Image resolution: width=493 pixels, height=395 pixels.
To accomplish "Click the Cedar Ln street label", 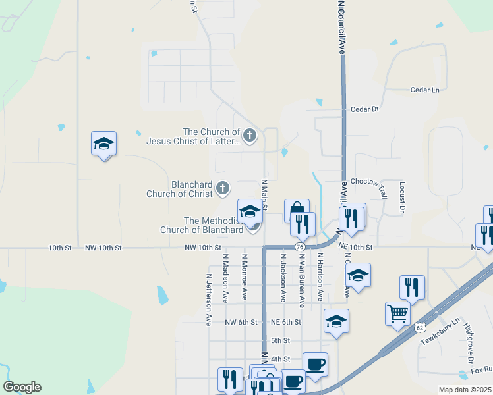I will pyautogui.click(x=424, y=90).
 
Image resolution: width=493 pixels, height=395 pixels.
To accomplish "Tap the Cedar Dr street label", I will pyautogui.click(x=365, y=109).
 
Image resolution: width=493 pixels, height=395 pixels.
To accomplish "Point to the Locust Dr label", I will pyautogui.click(x=401, y=197).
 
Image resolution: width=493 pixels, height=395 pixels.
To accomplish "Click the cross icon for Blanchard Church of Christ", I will pyautogui.click(x=223, y=189).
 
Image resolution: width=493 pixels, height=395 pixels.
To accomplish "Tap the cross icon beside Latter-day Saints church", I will pyautogui.click(x=249, y=136).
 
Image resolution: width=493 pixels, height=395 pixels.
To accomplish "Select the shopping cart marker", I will pyautogui.click(x=397, y=313).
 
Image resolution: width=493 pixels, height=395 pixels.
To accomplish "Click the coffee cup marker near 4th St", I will pyautogui.click(x=315, y=363).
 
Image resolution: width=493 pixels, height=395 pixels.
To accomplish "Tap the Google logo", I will pyautogui.click(x=22, y=387).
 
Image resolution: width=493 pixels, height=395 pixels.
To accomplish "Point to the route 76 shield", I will pyautogui.click(x=300, y=246).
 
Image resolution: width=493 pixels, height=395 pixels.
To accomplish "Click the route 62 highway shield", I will pyautogui.click(x=420, y=327).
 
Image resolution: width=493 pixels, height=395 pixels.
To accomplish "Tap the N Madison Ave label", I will pyautogui.click(x=225, y=278).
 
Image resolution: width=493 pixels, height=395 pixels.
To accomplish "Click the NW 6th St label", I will pyautogui.click(x=240, y=322).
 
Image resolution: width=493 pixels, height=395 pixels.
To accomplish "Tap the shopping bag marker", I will pyautogui.click(x=297, y=210).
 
